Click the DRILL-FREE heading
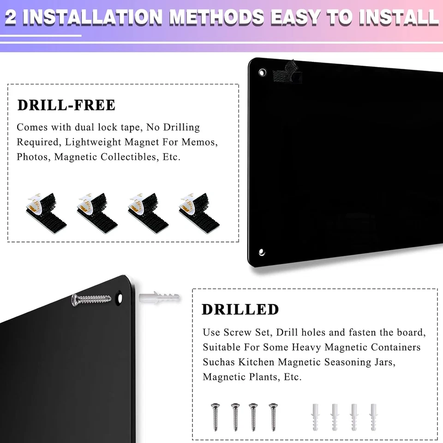tap(66, 105)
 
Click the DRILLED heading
tap(240, 309)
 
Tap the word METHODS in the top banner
tap(217, 17)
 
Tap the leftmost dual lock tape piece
tap(45, 210)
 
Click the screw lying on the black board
tap(92, 299)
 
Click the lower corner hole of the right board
tap(262, 252)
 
